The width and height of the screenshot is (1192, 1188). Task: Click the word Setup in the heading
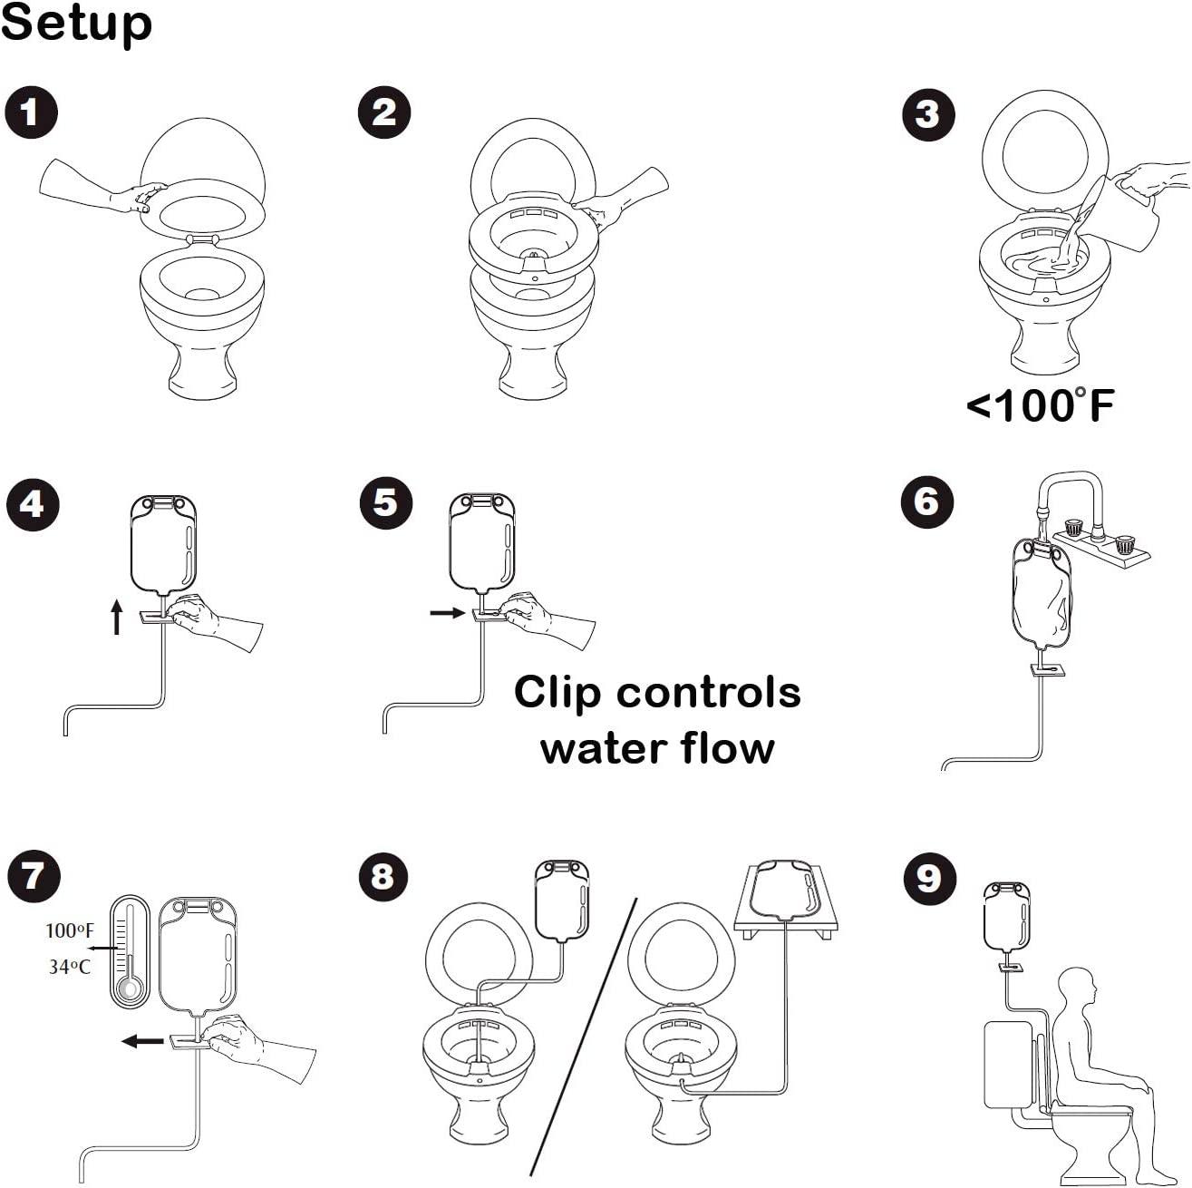point(76,24)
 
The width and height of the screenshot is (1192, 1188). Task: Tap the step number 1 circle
point(31,112)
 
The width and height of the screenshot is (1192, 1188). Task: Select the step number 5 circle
point(385,501)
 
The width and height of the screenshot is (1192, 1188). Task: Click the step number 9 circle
point(929,878)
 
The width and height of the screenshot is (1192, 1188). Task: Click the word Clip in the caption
point(557,693)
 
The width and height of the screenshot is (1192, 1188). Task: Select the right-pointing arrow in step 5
point(448,613)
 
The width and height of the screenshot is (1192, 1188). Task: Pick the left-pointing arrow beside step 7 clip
point(142,1041)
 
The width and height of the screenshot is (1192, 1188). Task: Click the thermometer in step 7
point(130,952)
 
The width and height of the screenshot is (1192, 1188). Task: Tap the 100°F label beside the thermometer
point(70,930)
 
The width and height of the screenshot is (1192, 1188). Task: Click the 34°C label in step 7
point(70,967)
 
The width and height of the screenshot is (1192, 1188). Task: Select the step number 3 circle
point(927,115)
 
